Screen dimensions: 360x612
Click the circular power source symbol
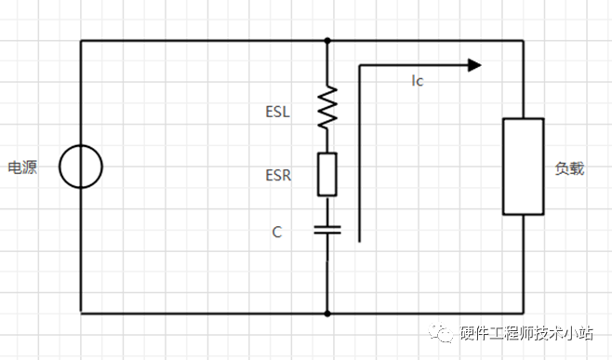81,167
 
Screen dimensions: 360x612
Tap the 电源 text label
23,168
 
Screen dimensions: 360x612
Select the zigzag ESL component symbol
327,108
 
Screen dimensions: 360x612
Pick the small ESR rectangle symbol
327,174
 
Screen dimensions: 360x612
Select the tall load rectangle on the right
523,167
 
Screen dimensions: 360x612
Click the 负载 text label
569,169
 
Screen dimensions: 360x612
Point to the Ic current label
418,82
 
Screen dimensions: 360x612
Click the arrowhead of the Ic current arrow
474,65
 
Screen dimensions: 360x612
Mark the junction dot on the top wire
327,41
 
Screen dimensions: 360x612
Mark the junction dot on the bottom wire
327,313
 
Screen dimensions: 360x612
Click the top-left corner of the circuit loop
81,41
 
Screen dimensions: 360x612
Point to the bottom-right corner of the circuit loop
523,313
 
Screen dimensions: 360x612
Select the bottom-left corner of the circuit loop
81,313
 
